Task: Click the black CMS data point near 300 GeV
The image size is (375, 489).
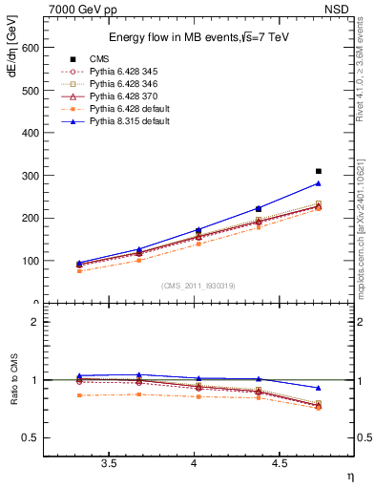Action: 319,171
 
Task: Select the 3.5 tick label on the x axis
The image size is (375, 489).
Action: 108,465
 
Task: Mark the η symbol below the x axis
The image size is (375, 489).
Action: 348,478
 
